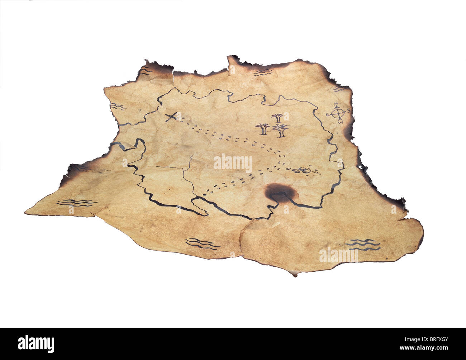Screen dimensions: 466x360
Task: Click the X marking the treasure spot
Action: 172,117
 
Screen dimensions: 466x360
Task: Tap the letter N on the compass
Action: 336,104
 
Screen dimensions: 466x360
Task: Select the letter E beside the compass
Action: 327,115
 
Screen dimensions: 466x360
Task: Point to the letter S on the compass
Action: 348,111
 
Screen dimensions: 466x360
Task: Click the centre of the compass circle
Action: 338,113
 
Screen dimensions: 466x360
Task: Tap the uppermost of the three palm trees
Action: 277,118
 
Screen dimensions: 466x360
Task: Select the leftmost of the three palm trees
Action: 263,129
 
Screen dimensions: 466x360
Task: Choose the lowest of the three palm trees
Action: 280,131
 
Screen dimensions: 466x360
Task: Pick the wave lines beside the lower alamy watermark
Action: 362,245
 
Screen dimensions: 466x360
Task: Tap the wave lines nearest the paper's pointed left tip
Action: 76,203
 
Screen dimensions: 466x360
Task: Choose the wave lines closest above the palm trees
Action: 263,73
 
